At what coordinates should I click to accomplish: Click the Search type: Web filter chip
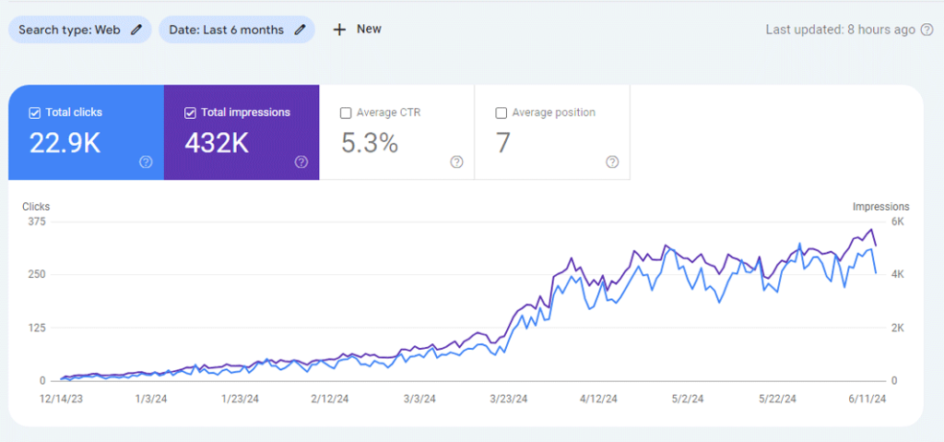pyautogui.click(x=79, y=30)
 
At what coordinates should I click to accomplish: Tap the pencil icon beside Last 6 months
pyautogui.click(x=300, y=30)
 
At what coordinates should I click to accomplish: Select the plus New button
pyautogui.click(x=357, y=29)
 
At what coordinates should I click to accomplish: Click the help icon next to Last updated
pyautogui.click(x=927, y=30)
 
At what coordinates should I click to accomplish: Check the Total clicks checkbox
pyautogui.click(x=35, y=113)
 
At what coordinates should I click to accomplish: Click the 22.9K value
pyautogui.click(x=65, y=143)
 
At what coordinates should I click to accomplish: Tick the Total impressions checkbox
pyautogui.click(x=190, y=113)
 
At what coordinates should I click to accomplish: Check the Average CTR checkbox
pyautogui.click(x=346, y=113)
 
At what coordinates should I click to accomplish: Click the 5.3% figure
pyautogui.click(x=370, y=143)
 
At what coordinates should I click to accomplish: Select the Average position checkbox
pyautogui.click(x=501, y=113)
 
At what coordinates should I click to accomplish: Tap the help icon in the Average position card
pyautogui.click(x=612, y=161)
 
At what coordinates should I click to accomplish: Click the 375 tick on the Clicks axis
pyautogui.click(x=37, y=221)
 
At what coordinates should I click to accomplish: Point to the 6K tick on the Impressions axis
pyautogui.click(x=897, y=221)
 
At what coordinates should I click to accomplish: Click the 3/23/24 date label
pyautogui.click(x=510, y=399)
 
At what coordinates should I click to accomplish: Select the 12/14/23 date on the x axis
pyautogui.click(x=61, y=399)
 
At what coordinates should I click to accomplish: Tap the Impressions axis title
pyautogui.click(x=880, y=207)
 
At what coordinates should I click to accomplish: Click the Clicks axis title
pyautogui.click(x=36, y=207)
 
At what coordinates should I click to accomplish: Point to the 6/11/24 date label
pyautogui.click(x=867, y=399)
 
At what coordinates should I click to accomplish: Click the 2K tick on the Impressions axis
pyautogui.click(x=897, y=328)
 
